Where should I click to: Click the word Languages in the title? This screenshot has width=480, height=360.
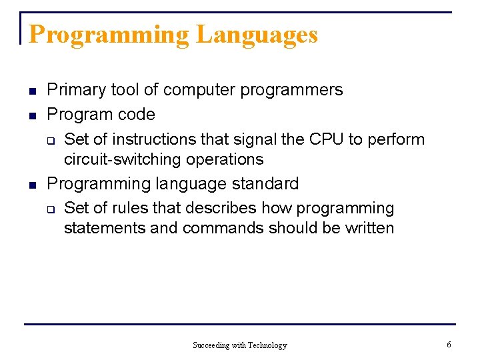[256, 35]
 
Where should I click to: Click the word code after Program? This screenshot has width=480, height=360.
[136, 115]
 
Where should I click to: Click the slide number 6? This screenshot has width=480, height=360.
[449, 345]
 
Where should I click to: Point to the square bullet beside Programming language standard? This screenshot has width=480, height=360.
[32, 184]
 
